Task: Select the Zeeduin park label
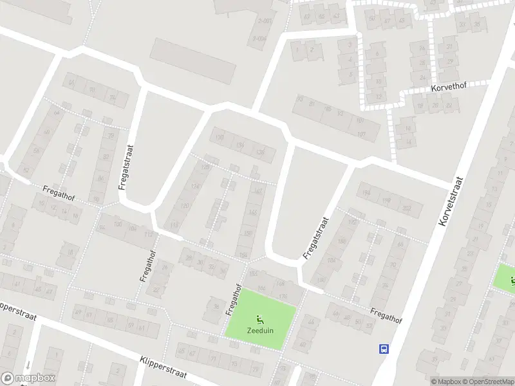259,331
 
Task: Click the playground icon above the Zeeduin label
259,318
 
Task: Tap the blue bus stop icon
384,349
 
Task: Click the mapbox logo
28,378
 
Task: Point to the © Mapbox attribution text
445,381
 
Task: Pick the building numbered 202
406,208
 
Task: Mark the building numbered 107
360,134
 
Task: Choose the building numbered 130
220,136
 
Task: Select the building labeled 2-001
263,21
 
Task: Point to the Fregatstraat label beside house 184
316,238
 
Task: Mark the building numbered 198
387,200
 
